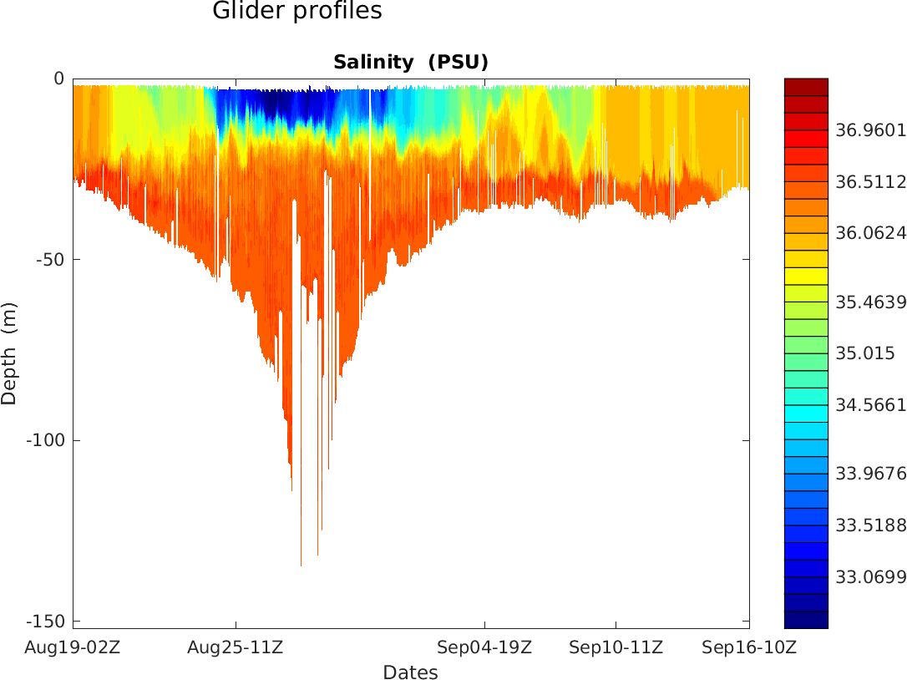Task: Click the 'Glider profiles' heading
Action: [297, 12]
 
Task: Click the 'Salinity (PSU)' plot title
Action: [410, 63]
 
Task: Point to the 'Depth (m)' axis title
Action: [9, 353]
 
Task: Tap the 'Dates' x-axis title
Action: [410, 672]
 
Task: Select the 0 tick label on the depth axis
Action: [58, 79]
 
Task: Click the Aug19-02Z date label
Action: [73, 647]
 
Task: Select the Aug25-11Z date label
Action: [235, 647]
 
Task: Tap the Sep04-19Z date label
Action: [484, 647]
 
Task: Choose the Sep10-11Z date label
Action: [616, 647]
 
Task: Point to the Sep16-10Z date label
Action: [748, 647]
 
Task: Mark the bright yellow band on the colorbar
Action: [806, 276]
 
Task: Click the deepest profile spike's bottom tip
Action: [301, 565]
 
